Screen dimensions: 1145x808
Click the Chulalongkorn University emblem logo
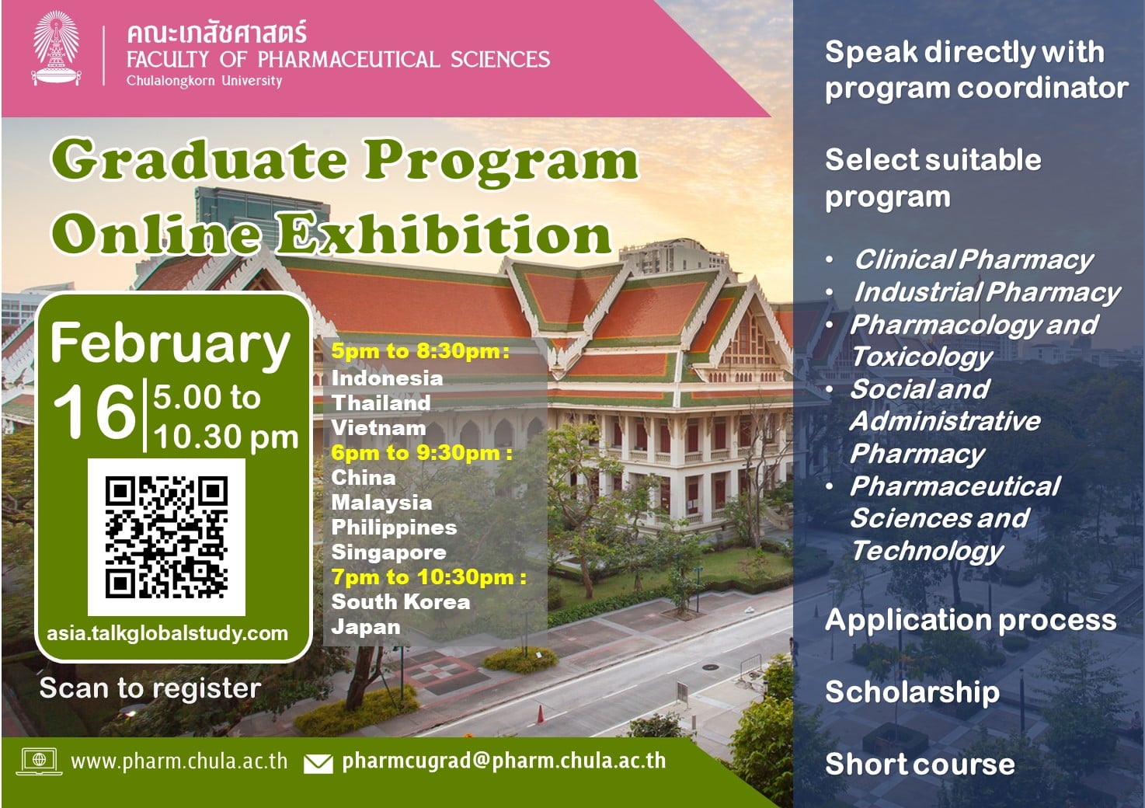pyautogui.click(x=56, y=48)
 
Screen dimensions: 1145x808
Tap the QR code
pyautogui.click(x=167, y=537)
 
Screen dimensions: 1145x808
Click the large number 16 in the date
pyautogui.click(x=94, y=411)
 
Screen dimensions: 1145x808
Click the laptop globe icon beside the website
pyautogui.click(x=40, y=761)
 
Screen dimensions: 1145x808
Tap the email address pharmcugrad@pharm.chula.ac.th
pyautogui.click(x=504, y=761)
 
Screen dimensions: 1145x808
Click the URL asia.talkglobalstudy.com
pyautogui.click(x=167, y=634)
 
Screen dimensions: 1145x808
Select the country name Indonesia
pyautogui.click(x=387, y=378)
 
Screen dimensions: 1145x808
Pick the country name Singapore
pyautogui.click(x=388, y=552)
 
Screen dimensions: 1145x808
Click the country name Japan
pyautogui.click(x=365, y=627)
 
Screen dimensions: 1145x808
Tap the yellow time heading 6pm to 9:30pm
pyautogui.click(x=422, y=453)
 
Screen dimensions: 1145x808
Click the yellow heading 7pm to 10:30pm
pyautogui.click(x=428, y=577)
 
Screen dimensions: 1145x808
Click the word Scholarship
pyautogui.click(x=913, y=692)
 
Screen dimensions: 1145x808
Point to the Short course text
pyautogui.click(x=920, y=764)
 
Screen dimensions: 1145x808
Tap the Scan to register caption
pyautogui.click(x=150, y=688)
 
